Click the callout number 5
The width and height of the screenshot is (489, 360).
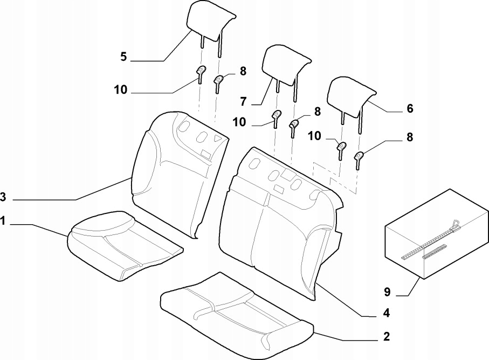(123, 57)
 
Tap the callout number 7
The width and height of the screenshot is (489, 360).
(243, 101)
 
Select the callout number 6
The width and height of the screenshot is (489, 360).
(409, 108)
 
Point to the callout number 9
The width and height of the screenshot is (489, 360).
(387, 292)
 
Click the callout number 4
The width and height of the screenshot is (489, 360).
(387, 313)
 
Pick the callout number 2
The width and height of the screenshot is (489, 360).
(387, 337)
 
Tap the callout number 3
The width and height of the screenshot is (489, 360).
(3, 197)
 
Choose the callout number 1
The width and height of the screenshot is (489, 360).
(3, 221)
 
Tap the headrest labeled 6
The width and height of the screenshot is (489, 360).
(352, 100)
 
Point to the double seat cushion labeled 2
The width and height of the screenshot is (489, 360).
(236, 315)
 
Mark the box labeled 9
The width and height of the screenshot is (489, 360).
(437, 234)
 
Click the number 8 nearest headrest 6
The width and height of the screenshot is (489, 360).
(409, 137)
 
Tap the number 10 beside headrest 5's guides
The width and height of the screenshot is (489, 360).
(120, 90)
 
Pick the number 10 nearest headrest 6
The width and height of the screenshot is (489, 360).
(314, 136)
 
